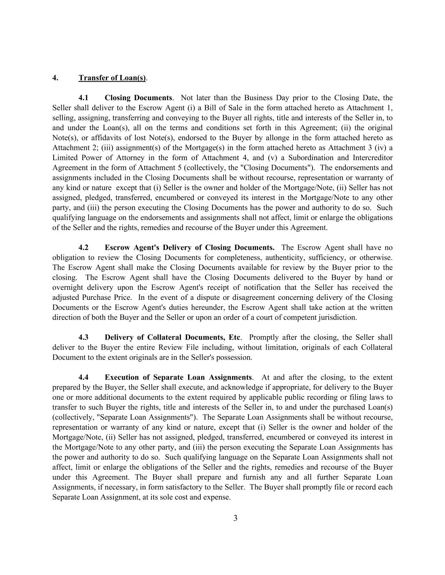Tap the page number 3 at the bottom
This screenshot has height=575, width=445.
coord(235,518)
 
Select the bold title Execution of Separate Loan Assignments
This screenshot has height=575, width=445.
coord(178,377)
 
